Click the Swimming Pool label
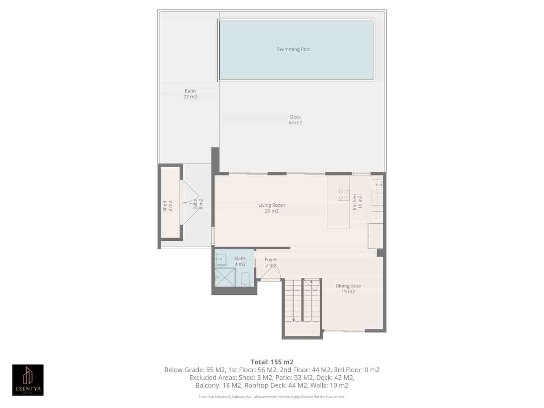pos(293,49)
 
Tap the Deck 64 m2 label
pos(295,120)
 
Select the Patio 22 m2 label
pos(190,94)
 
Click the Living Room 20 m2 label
pos(272,208)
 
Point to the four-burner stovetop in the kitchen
pos(343,195)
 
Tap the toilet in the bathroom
pos(245,280)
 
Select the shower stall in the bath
pos(224,277)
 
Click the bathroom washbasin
pos(221,259)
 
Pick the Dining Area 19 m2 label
pos(348,289)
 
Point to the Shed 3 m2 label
pos(168,206)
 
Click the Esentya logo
pos(28,380)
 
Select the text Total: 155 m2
pos(272,362)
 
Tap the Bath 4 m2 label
pos(240,261)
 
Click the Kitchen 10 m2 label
pos(357,202)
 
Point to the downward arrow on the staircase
pos(294,320)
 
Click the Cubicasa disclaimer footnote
pos(272,397)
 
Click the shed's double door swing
pos(190,202)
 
